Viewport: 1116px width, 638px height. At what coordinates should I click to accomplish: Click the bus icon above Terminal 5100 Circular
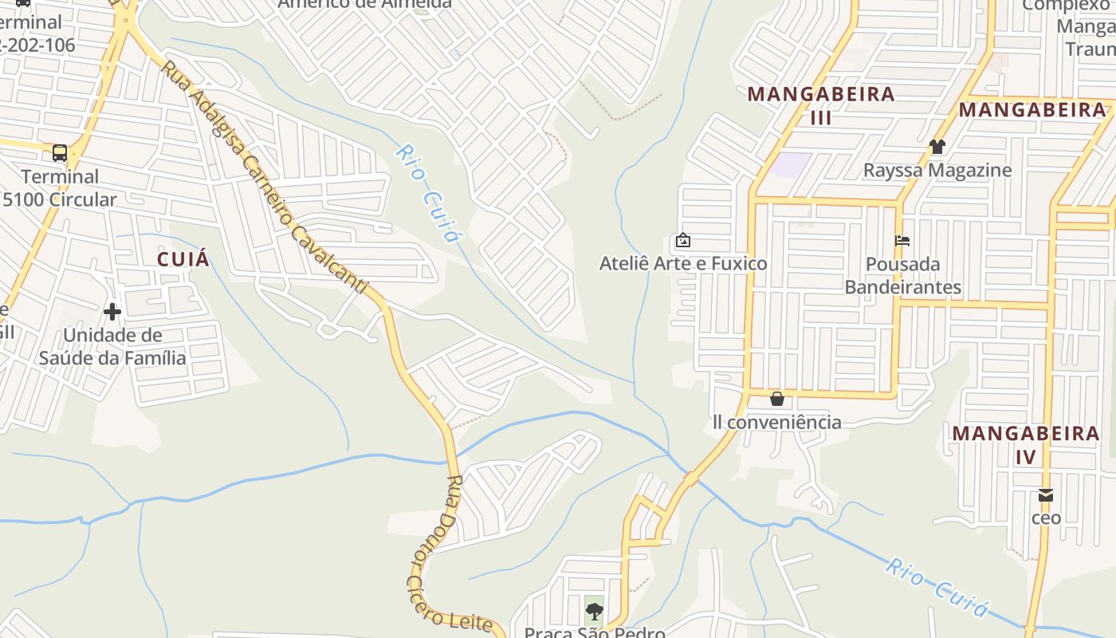(x=60, y=152)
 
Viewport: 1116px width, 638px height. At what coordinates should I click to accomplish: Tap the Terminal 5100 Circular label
(x=60, y=188)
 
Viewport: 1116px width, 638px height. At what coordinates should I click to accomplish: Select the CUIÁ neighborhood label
(x=183, y=259)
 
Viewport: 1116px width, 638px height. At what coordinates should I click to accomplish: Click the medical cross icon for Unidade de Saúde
(x=112, y=311)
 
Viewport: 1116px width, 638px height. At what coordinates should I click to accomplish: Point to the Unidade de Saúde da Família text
(x=112, y=347)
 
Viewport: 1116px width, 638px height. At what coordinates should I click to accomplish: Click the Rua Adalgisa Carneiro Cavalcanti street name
(x=263, y=176)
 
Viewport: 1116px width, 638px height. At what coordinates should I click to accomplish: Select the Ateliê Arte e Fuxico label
(x=683, y=264)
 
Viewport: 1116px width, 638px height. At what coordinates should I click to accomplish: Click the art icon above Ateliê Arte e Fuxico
(x=683, y=240)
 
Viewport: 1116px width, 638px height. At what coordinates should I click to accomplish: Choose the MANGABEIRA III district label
(x=821, y=105)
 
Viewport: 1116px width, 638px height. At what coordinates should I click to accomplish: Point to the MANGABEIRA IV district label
(x=1026, y=445)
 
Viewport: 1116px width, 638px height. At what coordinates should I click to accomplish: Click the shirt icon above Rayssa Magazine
(x=937, y=147)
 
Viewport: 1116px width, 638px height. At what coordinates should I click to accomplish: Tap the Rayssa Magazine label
(x=937, y=171)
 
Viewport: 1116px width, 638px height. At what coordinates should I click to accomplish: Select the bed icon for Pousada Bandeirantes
(x=902, y=240)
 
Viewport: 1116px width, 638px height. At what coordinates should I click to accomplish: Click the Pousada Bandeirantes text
(x=902, y=275)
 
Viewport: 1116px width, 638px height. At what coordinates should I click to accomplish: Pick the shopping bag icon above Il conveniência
(x=777, y=399)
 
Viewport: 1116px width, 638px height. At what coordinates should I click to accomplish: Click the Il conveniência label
(x=777, y=422)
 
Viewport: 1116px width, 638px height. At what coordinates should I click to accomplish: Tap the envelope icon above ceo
(x=1046, y=495)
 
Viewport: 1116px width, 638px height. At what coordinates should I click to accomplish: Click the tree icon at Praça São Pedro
(x=594, y=612)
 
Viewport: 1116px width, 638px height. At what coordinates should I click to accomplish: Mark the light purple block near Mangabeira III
(x=792, y=165)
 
